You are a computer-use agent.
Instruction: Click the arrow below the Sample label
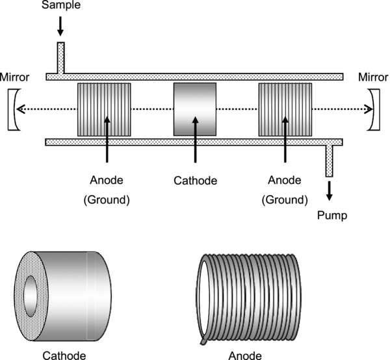[x=60, y=26]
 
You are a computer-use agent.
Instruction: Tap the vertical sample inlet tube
[x=61, y=58]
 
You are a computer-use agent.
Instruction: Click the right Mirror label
[x=373, y=77]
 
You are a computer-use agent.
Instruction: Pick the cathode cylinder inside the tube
[x=194, y=109]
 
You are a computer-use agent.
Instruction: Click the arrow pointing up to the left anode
[x=107, y=140]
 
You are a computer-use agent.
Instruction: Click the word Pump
[x=332, y=214]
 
